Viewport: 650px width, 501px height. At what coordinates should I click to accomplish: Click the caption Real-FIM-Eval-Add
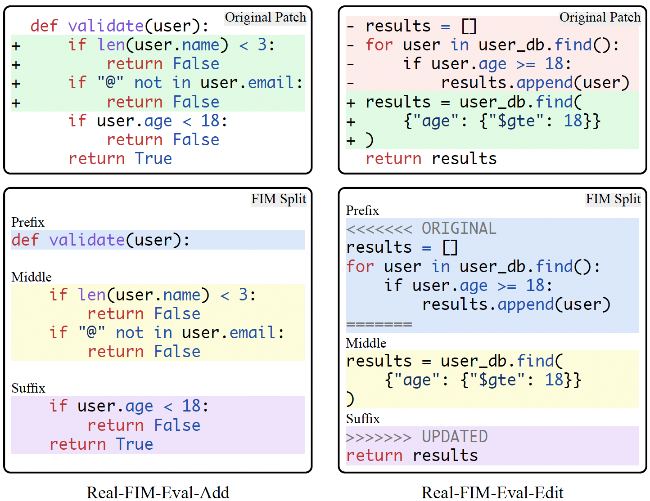(x=158, y=492)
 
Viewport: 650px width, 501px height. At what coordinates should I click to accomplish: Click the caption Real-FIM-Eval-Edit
(x=492, y=492)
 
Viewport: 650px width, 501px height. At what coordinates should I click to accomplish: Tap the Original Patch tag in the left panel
(x=265, y=18)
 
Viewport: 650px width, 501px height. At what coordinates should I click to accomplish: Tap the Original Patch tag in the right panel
(x=600, y=18)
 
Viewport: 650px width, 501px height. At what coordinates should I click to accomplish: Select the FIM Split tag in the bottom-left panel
(x=278, y=199)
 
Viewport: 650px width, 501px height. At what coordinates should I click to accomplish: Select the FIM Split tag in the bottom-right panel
(x=613, y=199)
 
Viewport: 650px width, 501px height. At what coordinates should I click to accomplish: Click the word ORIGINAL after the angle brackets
(x=459, y=228)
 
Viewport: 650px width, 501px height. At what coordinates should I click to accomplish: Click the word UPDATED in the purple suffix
(x=455, y=437)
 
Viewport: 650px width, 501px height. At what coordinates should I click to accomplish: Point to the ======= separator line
(x=379, y=324)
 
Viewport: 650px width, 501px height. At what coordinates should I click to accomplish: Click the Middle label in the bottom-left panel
(x=32, y=277)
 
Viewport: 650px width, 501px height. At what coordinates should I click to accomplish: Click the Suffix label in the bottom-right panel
(x=363, y=419)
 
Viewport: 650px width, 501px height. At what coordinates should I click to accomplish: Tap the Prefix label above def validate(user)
(x=28, y=222)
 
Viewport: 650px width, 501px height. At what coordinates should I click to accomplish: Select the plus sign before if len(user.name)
(x=16, y=45)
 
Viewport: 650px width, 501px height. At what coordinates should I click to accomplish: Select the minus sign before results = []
(x=351, y=26)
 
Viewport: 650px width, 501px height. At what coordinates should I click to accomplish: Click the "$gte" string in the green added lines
(x=516, y=121)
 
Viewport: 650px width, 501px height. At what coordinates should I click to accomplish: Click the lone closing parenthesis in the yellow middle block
(x=350, y=398)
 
